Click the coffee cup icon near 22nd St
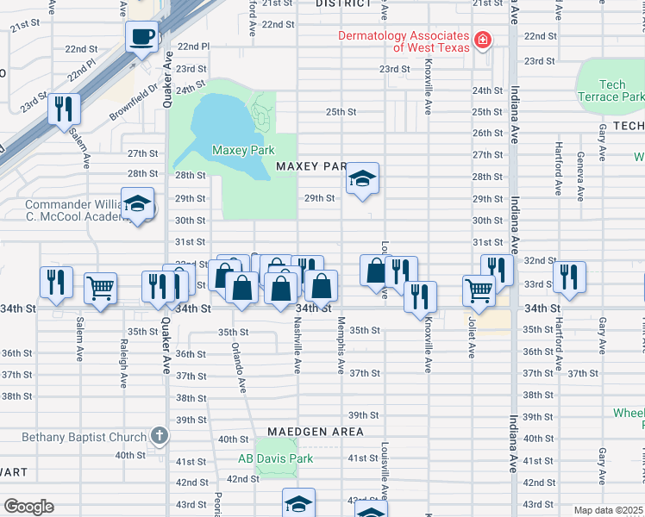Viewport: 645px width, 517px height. [142, 37]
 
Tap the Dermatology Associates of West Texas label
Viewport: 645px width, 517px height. [404, 41]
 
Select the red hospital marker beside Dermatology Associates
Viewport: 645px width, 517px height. [483, 40]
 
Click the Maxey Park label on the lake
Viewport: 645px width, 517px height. [243, 150]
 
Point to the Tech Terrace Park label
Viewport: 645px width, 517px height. [612, 90]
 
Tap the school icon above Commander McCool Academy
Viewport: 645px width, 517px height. [137, 204]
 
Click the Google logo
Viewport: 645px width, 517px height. [28, 507]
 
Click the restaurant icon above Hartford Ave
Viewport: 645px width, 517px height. [568, 277]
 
